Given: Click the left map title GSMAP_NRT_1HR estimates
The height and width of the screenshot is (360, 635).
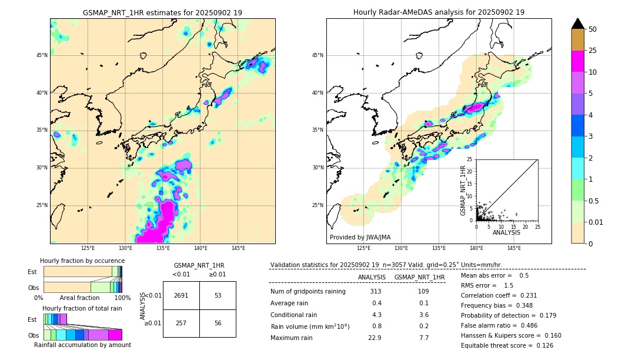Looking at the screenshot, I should click(x=162, y=12).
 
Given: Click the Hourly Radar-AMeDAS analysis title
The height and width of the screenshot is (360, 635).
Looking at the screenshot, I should click(x=439, y=12).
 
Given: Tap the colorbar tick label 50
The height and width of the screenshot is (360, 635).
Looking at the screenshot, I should click(x=593, y=29).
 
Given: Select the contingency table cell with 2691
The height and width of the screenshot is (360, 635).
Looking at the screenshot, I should click(x=181, y=295).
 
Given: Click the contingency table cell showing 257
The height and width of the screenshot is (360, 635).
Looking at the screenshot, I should click(x=181, y=323).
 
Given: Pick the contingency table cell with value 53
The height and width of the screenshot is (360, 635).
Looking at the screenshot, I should click(x=218, y=295).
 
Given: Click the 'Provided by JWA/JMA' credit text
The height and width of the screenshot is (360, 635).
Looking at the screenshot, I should click(x=360, y=238).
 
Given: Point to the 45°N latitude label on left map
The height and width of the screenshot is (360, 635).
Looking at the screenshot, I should click(x=41, y=55).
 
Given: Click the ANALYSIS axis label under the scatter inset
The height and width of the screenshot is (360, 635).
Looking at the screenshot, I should click(x=506, y=232).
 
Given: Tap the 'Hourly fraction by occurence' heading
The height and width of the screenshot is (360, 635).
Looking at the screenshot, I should click(x=82, y=261).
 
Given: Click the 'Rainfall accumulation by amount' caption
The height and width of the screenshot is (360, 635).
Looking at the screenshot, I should click(x=82, y=345).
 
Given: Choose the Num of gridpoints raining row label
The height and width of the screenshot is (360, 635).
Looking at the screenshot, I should click(x=308, y=291).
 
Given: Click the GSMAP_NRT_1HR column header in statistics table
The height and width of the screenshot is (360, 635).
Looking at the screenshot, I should click(x=419, y=277).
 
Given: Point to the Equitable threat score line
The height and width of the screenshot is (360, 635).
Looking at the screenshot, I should click(x=507, y=345).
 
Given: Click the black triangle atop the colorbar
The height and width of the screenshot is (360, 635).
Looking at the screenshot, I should click(x=578, y=24).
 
